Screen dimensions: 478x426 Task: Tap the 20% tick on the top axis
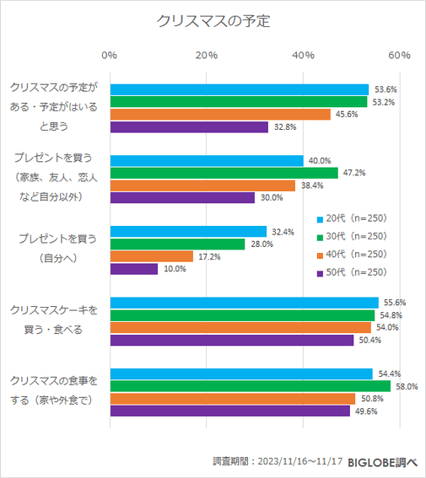pyautogui.click(x=206, y=55)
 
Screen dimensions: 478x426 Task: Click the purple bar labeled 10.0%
pyautogui.click(x=134, y=269)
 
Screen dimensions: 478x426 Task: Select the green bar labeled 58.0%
pyautogui.click(x=250, y=385)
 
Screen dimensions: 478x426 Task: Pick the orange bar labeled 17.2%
pyautogui.click(x=152, y=256)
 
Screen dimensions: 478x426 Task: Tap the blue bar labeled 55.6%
pyautogui.click(x=244, y=303)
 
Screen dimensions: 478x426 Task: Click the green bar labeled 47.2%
pyautogui.click(x=224, y=173)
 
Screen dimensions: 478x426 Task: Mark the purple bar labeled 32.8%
pyautogui.click(x=189, y=127)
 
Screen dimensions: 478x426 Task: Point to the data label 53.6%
pyautogui.click(x=386, y=89)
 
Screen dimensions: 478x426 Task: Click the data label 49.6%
pyautogui.click(x=366, y=411)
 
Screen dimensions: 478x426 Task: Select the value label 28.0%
pyautogui.click(x=262, y=244)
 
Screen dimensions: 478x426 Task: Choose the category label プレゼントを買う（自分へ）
pyautogui.click(x=57, y=249)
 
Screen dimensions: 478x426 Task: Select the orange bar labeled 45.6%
pyautogui.click(x=220, y=115)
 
